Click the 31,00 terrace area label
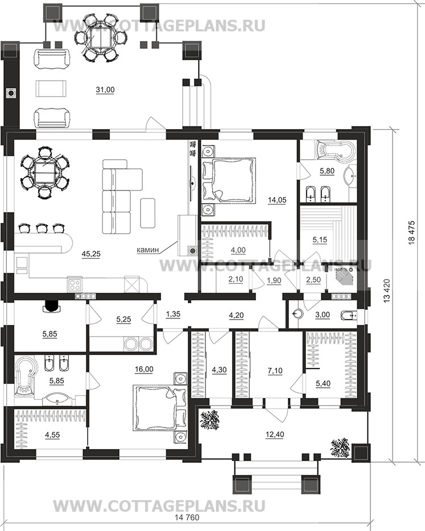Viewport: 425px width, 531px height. (x=105, y=90)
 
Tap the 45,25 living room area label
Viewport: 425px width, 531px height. (x=91, y=254)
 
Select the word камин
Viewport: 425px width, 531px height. (x=147, y=250)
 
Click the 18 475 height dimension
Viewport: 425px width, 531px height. (x=411, y=233)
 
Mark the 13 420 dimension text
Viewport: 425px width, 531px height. (x=387, y=291)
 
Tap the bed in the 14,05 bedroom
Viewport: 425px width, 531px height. (x=228, y=180)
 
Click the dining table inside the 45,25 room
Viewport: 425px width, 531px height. (x=45, y=172)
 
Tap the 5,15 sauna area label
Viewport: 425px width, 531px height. (x=320, y=240)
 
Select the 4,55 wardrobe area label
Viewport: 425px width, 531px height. (x=52, y=435)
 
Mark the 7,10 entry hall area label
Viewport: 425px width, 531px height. (x=275, y=371)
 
